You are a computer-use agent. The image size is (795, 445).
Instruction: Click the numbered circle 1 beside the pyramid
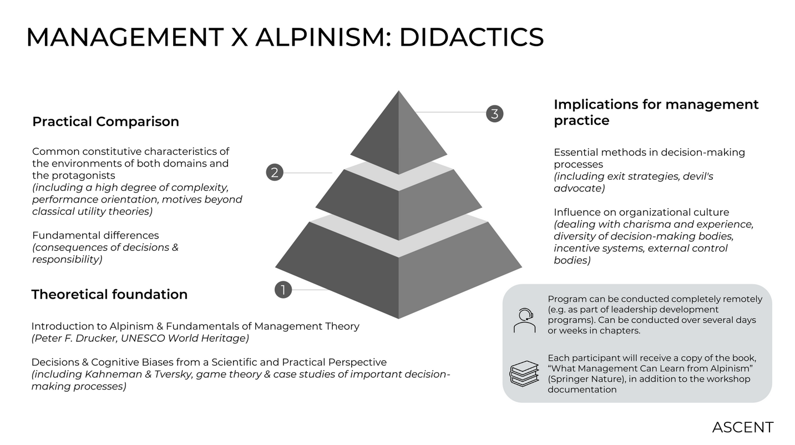tap(283, 290)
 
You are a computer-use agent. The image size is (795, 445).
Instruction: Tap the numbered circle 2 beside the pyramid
tap(275, 173)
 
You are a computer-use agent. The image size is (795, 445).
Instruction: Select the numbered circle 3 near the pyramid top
tap(494, 114)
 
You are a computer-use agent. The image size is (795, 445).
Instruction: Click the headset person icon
tap(524, 320)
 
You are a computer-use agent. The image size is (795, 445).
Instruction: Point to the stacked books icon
tap(524, 373)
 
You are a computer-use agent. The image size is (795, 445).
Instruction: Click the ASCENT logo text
tap(742, 427)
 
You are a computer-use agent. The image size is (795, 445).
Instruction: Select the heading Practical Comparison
tap(105, 122)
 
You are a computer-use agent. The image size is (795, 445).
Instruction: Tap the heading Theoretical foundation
tap(109, 294)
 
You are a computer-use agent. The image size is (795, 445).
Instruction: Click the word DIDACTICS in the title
tap(471, 37)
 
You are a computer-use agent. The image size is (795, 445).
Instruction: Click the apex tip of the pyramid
tap(398, 92)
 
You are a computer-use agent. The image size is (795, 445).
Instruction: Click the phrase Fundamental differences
tap(95, 235)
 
